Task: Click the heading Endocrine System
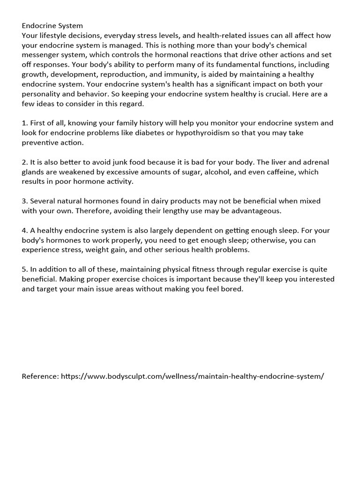(x=52, y=25)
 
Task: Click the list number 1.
(x=24, y=123)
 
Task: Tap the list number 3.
(x=24, y=201)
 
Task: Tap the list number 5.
(x=24, y=269)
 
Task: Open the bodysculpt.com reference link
(x=192, y=376)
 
